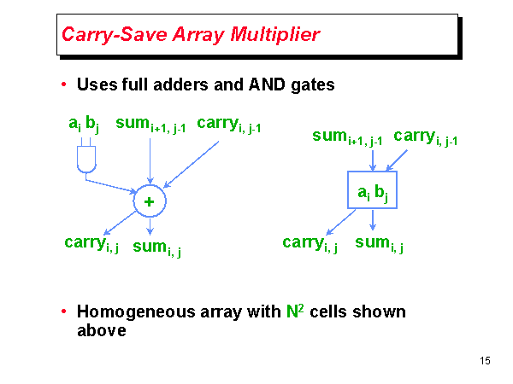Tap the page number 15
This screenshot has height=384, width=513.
[485, 361]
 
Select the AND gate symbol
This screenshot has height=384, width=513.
[85, 158]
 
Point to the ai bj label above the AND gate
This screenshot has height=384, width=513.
[84, 125]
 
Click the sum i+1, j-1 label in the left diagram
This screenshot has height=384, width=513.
[150, 125]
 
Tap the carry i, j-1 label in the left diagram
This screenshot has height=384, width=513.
[228, 125]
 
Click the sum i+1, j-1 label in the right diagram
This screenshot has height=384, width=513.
[347, 137]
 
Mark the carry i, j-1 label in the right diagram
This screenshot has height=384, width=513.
[425, 137]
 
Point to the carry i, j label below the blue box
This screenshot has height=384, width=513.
[310, 243]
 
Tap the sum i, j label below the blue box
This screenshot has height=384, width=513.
[379, 243]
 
